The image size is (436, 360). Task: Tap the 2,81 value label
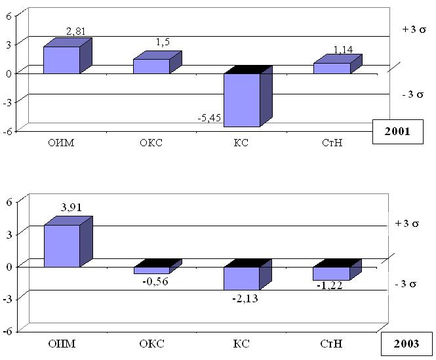tap(76, 31)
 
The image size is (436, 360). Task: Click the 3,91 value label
tap(73, 208)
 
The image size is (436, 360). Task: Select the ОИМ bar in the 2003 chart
tap(62, 246)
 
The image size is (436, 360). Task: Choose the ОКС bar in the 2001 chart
tap(151, 66)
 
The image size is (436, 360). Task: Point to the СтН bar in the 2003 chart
tap(332, 273)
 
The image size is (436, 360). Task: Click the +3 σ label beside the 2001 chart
tap(414, 31)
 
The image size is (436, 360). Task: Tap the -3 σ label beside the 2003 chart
tap(406, 284)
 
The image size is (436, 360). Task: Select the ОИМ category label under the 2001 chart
tap(62, 144)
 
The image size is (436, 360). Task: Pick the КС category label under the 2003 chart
tap(241, 343)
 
